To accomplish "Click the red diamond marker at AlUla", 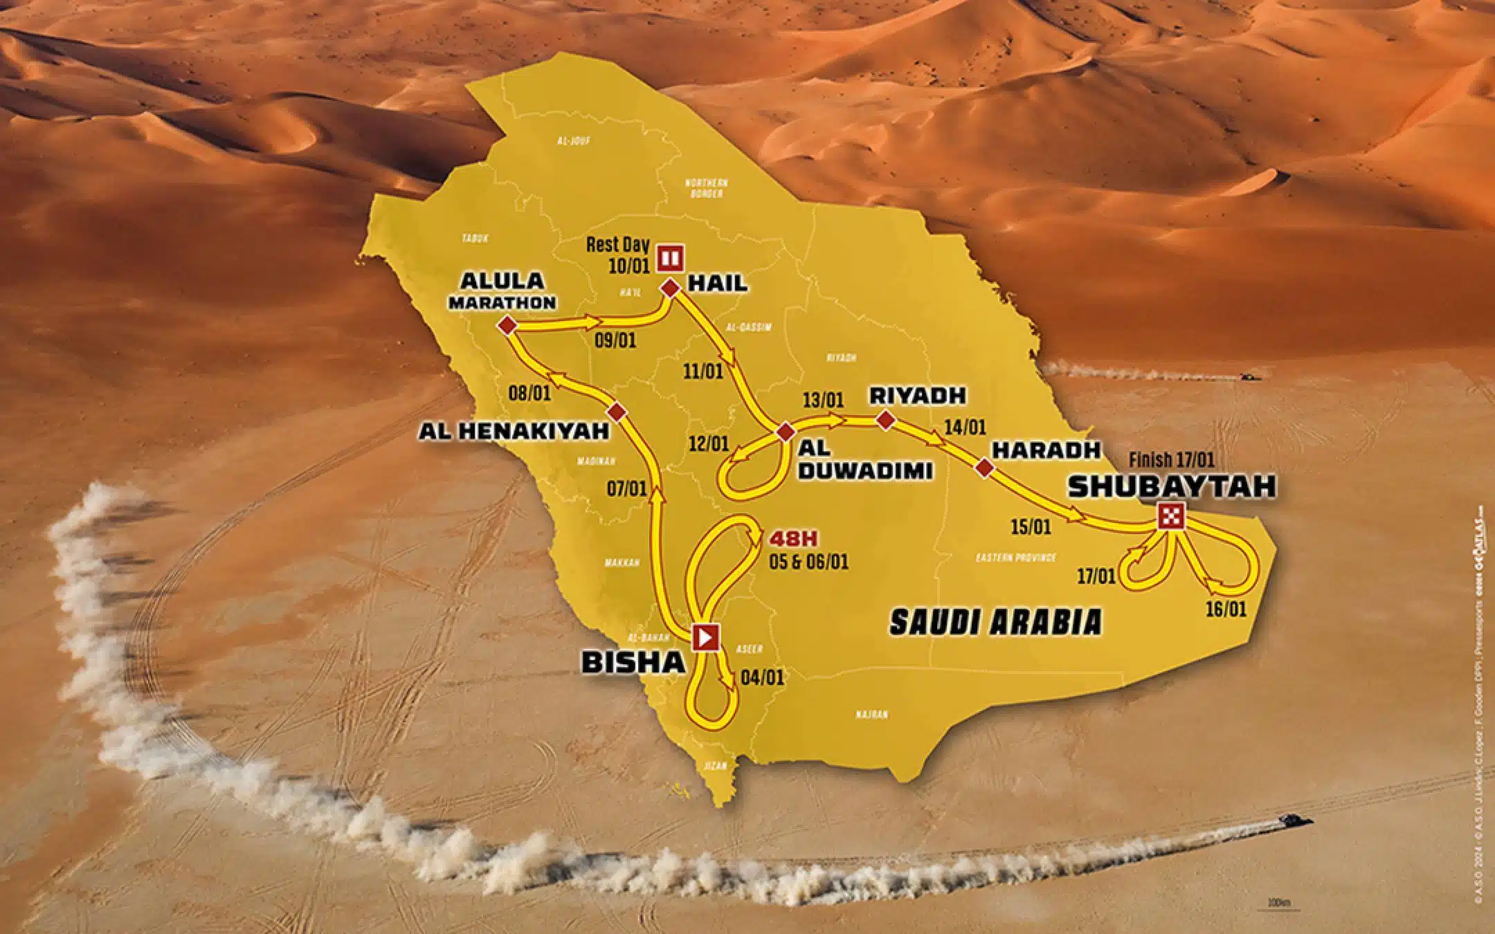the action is (x=507, y=325).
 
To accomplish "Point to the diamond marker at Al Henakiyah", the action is (x=616, y=412).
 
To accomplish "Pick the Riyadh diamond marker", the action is (x=885, y=419).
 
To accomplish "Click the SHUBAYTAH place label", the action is (x=1172, y=486).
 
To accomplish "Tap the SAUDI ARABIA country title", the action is (x=995, y=622).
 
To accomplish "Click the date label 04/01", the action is (x=762, y=677).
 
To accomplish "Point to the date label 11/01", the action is (x=703, y=371).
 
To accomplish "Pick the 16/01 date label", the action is (x=1226, y=609).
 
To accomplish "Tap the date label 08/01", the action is (x=529, y=394).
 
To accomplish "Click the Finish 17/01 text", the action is (x=1171, y=459).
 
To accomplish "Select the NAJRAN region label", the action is (x=871, y=715).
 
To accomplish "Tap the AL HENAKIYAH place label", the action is (x=513, y=431).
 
